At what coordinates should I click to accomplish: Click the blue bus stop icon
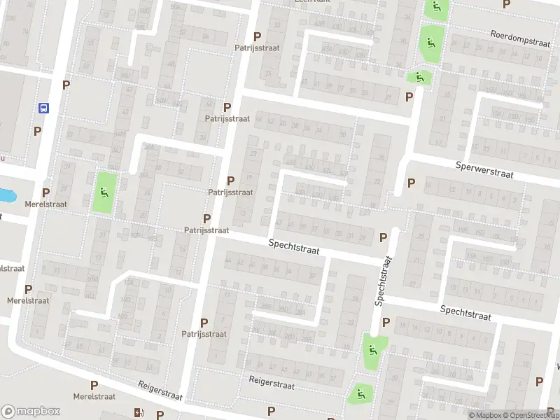point(43,108)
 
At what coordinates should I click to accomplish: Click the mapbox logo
point(31,412)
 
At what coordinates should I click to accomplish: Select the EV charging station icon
point(137,413)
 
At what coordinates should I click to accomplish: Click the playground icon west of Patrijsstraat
point(105,192)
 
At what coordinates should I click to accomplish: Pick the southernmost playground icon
point(360,394)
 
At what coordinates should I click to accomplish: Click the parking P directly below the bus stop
point(37,131)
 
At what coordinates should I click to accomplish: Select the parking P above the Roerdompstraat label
point(507,4)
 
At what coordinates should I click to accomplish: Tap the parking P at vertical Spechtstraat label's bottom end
point(385,323)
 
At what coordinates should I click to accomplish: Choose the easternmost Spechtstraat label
point(465,313)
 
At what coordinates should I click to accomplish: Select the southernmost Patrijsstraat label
point(204,334)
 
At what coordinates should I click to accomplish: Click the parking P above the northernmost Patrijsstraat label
point(257,36)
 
